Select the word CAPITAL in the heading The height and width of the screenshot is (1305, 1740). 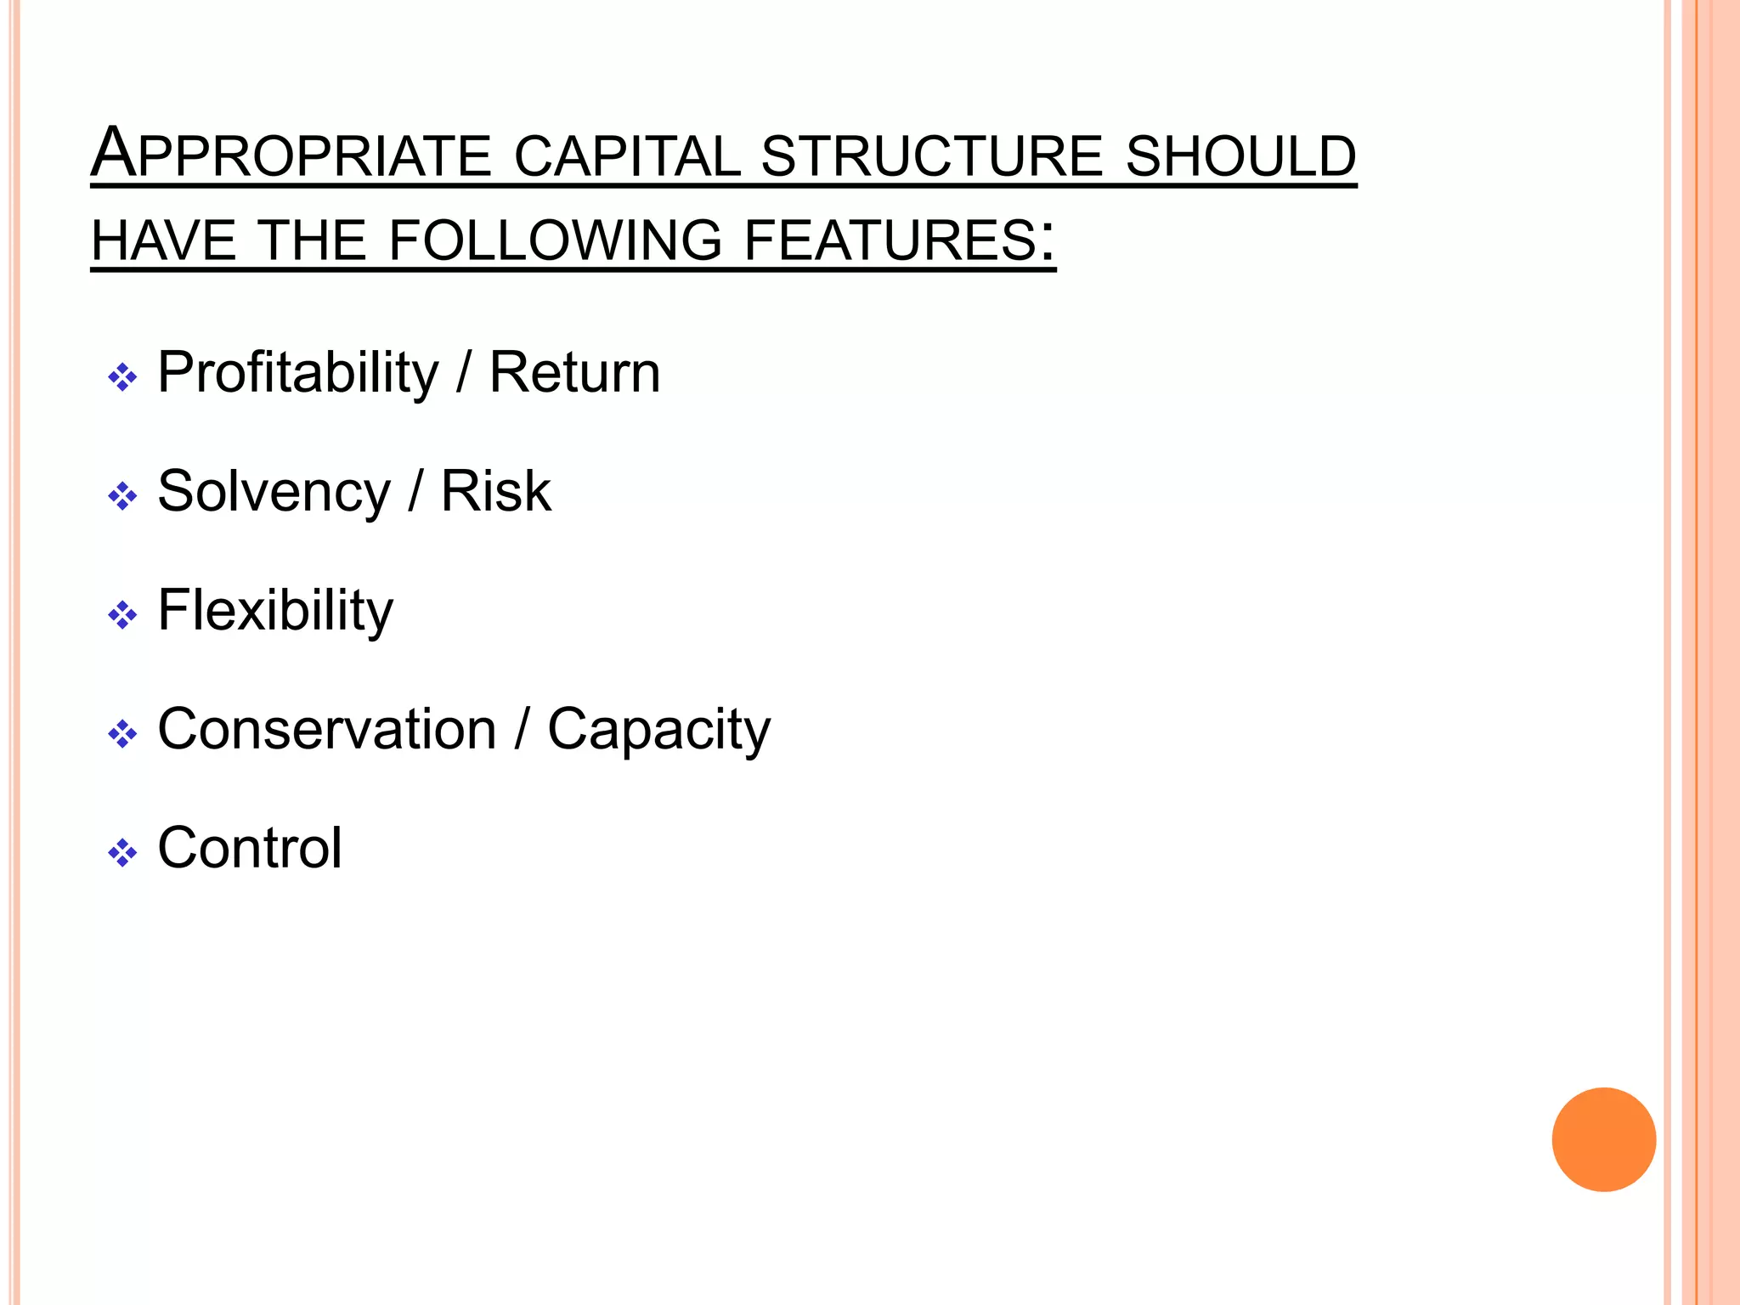click(627, 156)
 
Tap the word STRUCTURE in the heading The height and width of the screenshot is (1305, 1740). click(932, 156)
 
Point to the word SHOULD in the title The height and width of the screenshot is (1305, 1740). click(1240, 156)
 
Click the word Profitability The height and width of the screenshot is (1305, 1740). click(298, 374)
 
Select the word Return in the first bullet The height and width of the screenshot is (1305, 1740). click(574, 373)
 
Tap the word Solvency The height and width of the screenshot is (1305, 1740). click(274, 493)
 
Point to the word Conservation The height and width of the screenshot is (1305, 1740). click(327, 729)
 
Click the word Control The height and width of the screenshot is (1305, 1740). click(250, 848)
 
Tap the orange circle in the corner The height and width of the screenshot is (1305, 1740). click(1603, 1139)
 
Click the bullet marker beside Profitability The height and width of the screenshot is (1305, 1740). click(122, 377)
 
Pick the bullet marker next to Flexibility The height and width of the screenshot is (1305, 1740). click(122, 615)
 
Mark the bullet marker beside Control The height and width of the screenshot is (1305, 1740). click(122, 853)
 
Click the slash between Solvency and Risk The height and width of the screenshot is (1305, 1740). click(415, 493)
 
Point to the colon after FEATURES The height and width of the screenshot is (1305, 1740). click(1048, 240)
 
